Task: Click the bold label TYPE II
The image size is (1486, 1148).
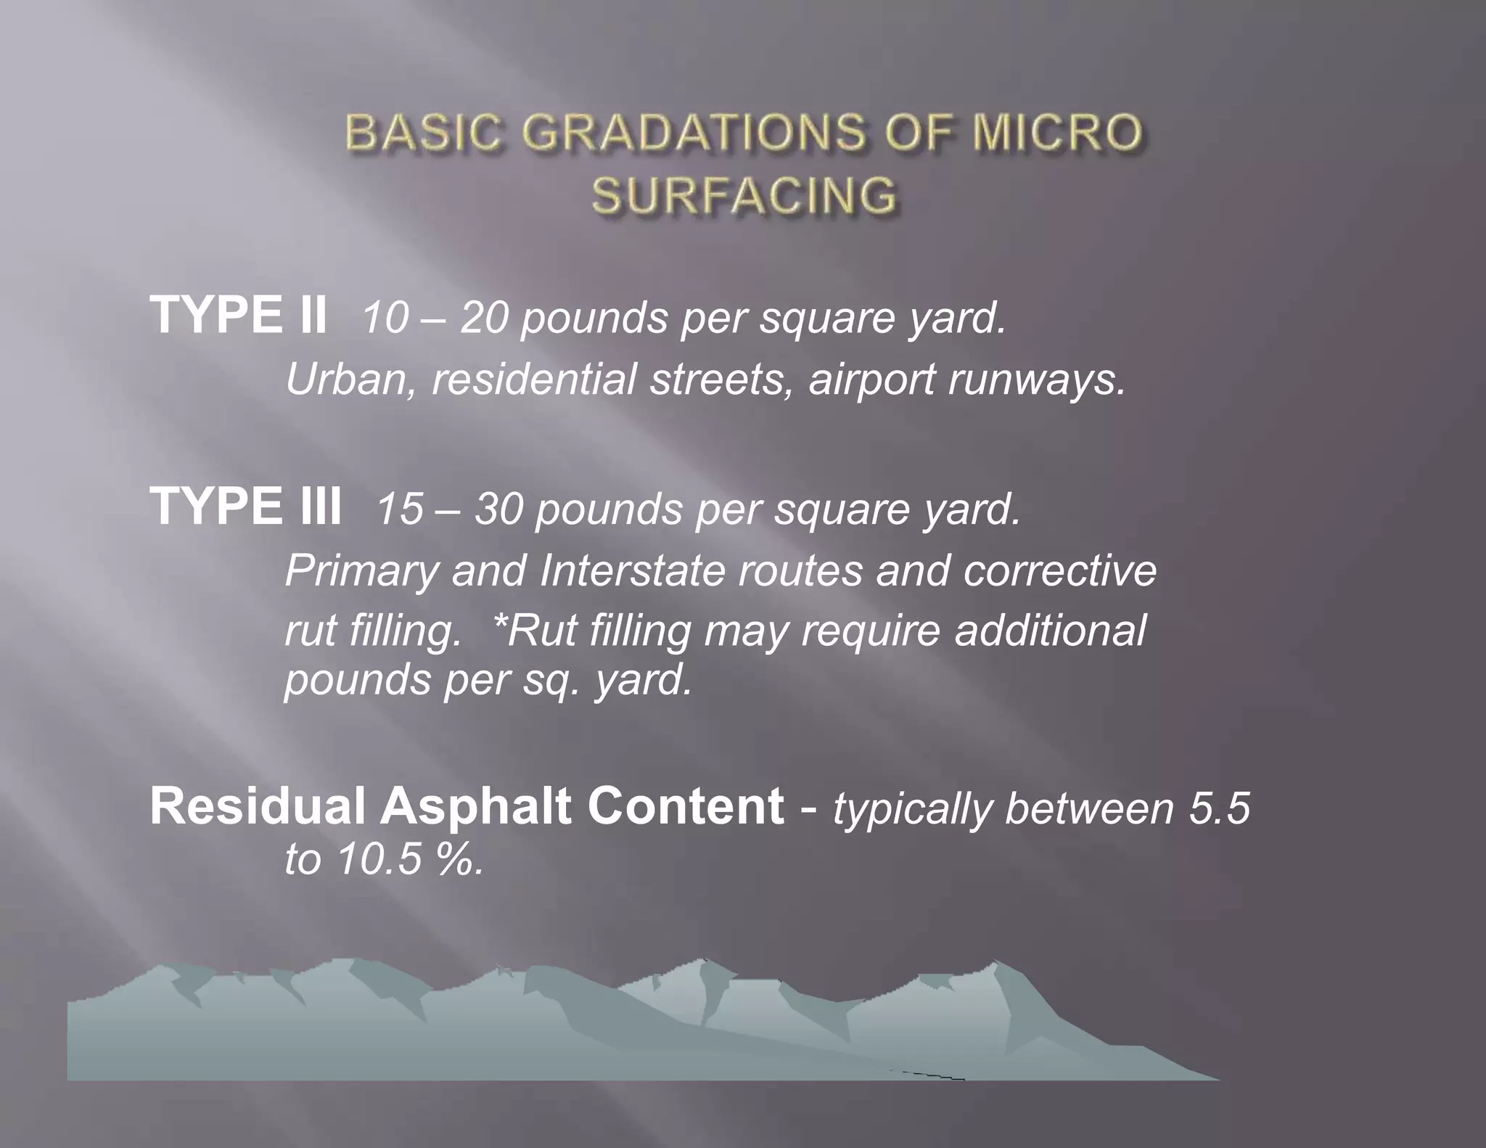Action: (x=239, y=315)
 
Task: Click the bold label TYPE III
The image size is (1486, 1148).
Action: (x=246, y=507)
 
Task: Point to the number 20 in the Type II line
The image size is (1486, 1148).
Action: (x=483, y=318)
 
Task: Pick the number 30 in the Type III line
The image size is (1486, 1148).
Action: (x=498, y=509)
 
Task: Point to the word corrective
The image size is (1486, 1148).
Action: (x=1060, y=570)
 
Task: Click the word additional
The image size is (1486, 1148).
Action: (x=1050, y=630)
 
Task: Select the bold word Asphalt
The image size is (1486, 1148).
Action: (x=475, y=807)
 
